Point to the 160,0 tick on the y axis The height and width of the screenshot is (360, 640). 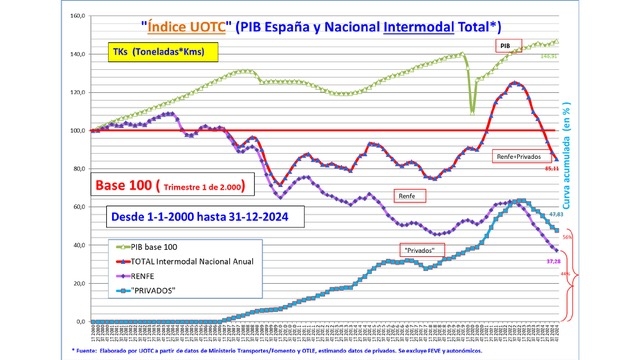[x=74, y=17]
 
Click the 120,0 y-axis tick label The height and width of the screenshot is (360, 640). [x=74, y=93]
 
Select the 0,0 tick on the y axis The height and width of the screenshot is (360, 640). [x=78, y=321]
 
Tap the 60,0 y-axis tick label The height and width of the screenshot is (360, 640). [x=76, y=207]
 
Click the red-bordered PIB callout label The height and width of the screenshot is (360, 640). [x=509, y=45]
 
